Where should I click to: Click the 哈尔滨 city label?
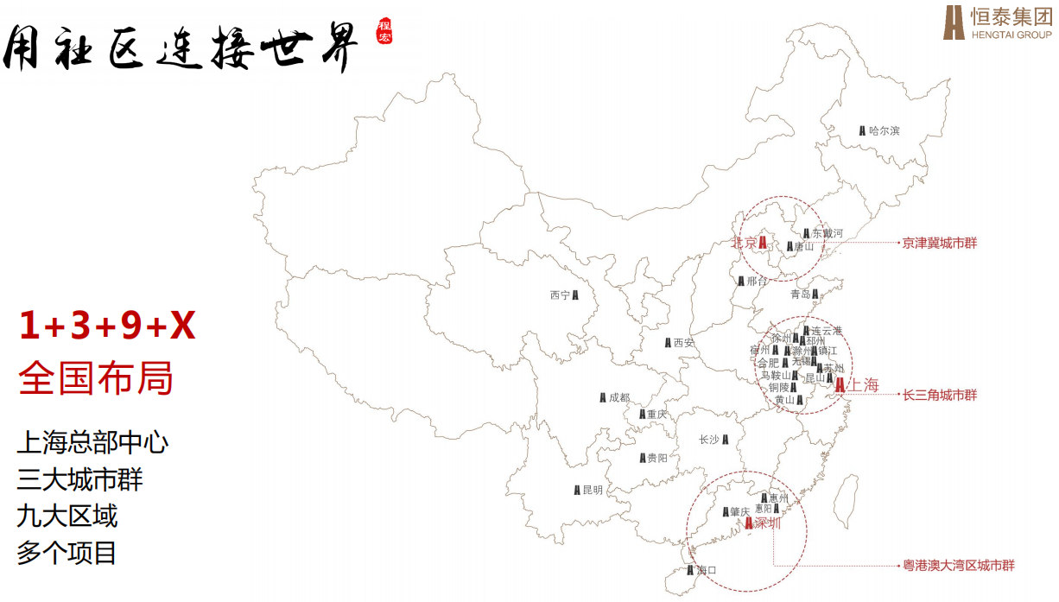coord(885,130)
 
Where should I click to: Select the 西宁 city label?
coord(560,295)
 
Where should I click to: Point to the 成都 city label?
coord(619,397)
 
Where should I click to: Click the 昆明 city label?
coord(593,490)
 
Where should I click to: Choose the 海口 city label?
coord(707,570)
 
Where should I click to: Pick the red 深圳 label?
coord(767,523)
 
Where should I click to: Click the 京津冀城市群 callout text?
coord(939,244)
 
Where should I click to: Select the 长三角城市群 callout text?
coord(939,395)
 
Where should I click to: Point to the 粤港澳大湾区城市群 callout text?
coord(958,566)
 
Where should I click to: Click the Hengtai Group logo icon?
coord(954,22)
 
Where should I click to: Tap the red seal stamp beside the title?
coord(384,31)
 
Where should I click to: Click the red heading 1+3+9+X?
coord(107,326)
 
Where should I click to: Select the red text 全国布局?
coord(96,378)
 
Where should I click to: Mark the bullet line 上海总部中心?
coord(92,443)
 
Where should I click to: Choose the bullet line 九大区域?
coord(67,516)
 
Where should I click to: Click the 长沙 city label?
coord(708,440)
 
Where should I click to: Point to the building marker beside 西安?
coord(668,343)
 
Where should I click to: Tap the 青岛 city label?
coord(800,295)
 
